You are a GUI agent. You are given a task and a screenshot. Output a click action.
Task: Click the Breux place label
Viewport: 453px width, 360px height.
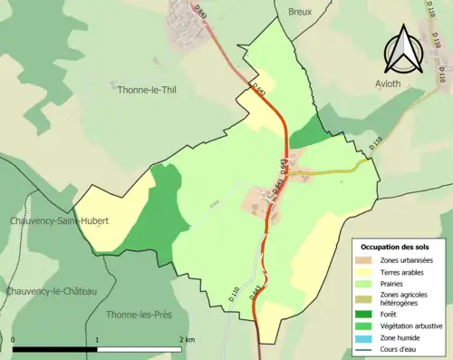299,12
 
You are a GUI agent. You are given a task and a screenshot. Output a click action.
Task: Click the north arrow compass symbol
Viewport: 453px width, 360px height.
404,49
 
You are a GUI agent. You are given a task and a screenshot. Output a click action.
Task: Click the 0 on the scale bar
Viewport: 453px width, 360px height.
14,339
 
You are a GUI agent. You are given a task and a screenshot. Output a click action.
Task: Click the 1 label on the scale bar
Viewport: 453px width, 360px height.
98,339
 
